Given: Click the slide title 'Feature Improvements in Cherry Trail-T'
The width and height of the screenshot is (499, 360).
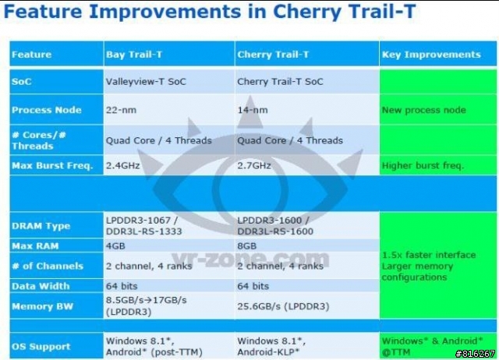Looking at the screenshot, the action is click(x=210, y=12).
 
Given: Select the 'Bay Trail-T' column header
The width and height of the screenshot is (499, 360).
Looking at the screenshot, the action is click(x=134, y=55).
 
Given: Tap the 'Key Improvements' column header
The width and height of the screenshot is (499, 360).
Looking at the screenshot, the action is click(x=431, y=55).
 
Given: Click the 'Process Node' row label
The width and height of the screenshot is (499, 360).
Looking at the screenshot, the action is click(x=47, y=110).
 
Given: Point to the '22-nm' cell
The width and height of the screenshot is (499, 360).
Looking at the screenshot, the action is click(x=121, y=110).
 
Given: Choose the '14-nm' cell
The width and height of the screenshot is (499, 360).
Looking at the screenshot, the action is click(x=253, y=110).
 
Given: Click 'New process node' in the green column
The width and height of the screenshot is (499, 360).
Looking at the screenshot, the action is click(x=424, y=110).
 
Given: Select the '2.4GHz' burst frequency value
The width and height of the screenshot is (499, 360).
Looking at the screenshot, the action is click(x=123, y=165).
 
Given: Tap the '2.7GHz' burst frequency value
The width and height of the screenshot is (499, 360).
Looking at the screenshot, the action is click(x=254, y=165).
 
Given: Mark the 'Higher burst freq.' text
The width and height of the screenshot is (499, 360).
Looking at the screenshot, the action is click(x=423, y=165).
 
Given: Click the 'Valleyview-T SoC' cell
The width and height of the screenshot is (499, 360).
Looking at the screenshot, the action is click(x=146, y=82).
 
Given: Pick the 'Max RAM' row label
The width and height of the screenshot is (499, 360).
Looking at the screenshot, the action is click(x=35, y=245).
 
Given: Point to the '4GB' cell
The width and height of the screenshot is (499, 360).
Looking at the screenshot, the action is click(x=115, y=245).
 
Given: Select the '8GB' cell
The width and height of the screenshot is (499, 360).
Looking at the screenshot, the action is click(x=247, y=245).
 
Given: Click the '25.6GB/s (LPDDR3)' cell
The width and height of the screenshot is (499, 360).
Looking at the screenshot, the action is click(x=283, y=306).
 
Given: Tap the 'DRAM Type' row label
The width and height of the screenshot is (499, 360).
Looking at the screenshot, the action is click(x=41, y=226).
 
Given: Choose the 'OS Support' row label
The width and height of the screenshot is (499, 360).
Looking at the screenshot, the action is click(x=41, y=346).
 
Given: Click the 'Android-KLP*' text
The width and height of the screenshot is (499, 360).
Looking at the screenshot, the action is click(x=268, y=352).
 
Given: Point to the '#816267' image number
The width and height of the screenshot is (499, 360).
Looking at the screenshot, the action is click(x=475, y=354).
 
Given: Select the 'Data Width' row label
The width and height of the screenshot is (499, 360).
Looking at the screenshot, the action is click(x=41, y=286).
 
